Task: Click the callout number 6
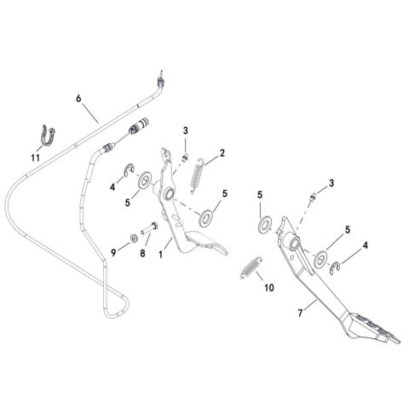pos(78,99)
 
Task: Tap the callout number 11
pos(36,158)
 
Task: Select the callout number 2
pos(222,153)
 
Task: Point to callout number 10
pos(269,288)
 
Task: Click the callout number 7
pos(300,313)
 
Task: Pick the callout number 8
pos(142,253)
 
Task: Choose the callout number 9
pos(113,252)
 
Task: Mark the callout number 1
pos(161,254)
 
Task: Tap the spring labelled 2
pos(197,176)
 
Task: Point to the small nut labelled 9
pos(133,239)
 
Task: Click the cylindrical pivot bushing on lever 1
pos(168,193)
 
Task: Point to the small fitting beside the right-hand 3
pos(313,197)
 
